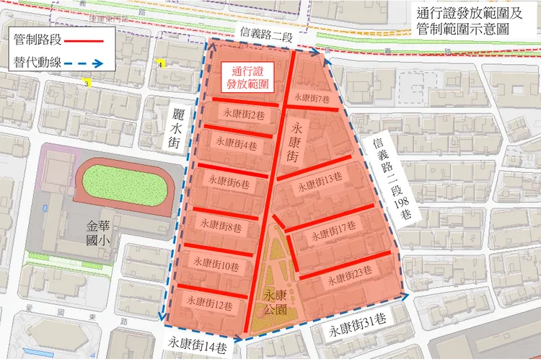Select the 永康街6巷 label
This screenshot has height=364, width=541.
(229, 181)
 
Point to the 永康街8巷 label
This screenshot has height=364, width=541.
(220, 226)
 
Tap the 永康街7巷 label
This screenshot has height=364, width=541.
(312, 97)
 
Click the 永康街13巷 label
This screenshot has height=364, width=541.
(320, 179)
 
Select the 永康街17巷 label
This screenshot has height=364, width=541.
(333, 232)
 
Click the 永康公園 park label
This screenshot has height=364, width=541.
(276, 303)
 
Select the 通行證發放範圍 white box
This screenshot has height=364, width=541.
(246, 79)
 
